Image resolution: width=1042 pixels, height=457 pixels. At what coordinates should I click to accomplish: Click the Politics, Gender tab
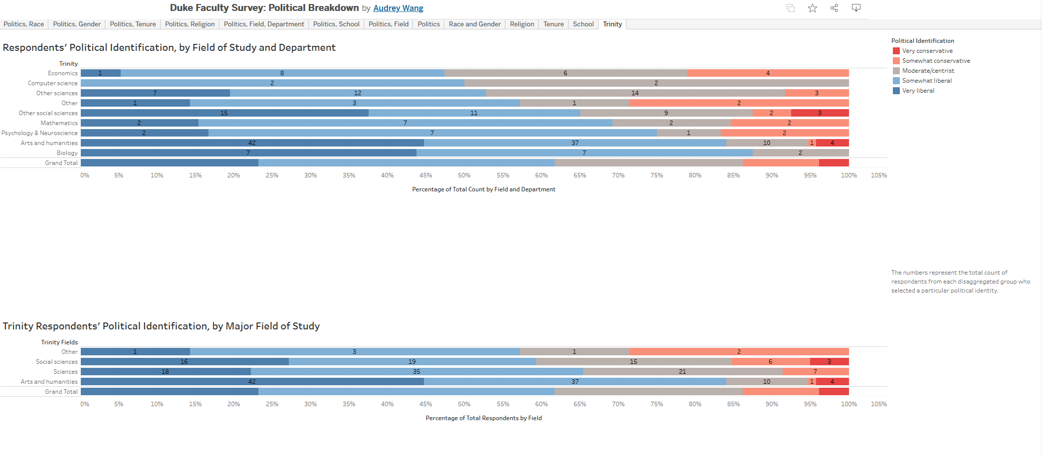pos(76,24)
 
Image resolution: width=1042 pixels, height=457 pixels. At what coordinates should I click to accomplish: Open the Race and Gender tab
pos(474,24)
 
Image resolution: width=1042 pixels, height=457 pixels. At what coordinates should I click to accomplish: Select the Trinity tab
pos(612,24)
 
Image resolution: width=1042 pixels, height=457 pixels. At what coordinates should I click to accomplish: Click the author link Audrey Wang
pos(398,8)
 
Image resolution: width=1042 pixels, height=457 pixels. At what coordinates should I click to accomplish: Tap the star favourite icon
pos(813,8)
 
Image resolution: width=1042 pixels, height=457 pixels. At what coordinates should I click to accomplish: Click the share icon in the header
pos(834,8)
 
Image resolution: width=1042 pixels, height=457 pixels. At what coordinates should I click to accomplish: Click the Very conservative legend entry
pos(927,51)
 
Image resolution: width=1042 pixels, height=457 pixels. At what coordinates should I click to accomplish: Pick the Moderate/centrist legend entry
pos(928,71)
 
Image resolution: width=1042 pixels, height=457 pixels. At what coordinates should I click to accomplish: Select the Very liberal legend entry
pos(918,91)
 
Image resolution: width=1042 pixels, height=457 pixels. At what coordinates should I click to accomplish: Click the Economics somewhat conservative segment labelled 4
pos(768,73)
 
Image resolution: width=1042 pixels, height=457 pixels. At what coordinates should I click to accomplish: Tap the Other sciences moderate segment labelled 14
pos(635,93)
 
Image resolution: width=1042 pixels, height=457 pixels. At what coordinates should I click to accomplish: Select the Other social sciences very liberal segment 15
pos(224,113)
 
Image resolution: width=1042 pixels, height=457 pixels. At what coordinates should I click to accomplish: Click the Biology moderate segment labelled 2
pos(801,153)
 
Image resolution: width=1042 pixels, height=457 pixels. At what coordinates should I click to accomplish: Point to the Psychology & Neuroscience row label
pos(39,133)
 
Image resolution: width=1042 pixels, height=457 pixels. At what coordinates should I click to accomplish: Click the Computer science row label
pos(53,83)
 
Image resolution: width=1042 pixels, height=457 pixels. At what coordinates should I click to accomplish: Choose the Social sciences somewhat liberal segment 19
pos(412,362)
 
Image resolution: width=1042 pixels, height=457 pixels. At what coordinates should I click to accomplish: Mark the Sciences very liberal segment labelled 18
pos(165,372)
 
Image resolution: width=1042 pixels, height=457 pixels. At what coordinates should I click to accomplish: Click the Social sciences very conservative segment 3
pos(829,362)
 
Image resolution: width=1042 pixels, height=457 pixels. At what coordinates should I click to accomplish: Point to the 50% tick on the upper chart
pos(464,175)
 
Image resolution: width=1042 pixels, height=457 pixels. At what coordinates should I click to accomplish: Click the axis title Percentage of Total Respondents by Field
pos(483,418)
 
